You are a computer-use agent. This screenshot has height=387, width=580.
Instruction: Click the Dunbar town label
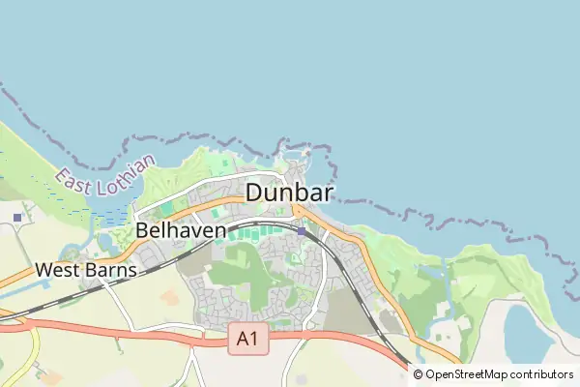click(x=289, y=193)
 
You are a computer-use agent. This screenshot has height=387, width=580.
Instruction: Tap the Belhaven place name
click(x=181, y=231)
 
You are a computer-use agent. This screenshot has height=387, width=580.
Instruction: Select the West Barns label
click(x=86, y=271)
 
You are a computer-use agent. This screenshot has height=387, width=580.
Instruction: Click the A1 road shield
click(x=248, y=339)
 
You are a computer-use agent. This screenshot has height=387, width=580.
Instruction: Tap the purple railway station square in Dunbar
click(x=302, y=231)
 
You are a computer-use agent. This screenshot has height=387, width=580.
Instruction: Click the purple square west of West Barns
click(x=18, y=218)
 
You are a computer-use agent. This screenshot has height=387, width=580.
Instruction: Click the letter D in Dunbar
click(x=254, y=193)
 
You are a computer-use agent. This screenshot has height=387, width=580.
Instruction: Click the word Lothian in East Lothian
click(x=120, y=167)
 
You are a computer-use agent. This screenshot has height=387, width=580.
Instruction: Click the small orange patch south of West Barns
click(x=168, y=298)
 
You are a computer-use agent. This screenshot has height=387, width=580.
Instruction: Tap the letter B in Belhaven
click(x=142, y=231)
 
